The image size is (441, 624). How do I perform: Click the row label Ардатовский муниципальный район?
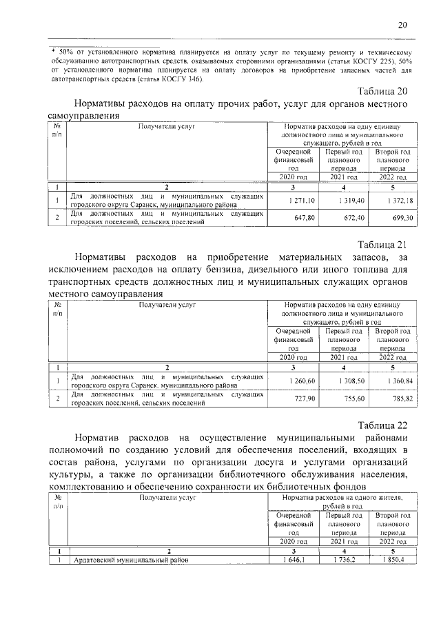[130, 560]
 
